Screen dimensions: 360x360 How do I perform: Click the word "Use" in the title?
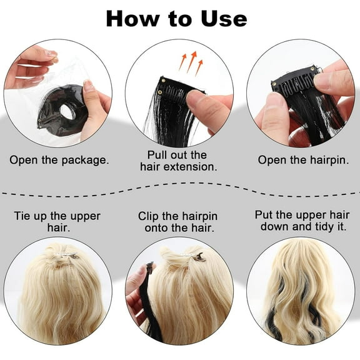click(224, 19)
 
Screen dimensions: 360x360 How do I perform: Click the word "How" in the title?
click(132, 19)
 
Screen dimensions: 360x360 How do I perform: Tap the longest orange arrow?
click(191, 61)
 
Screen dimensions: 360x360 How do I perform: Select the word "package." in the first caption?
click(85, 160)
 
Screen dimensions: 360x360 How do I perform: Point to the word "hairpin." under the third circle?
click(329, 160)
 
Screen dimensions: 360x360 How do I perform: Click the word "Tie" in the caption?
click(22, 216)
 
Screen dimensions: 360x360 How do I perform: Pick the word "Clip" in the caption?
click(148, 216)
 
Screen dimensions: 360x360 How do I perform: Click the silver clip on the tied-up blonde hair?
click(65, 254)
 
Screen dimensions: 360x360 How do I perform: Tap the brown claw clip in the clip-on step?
click(199, 257)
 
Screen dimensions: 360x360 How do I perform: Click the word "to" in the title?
click(180, 19)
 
